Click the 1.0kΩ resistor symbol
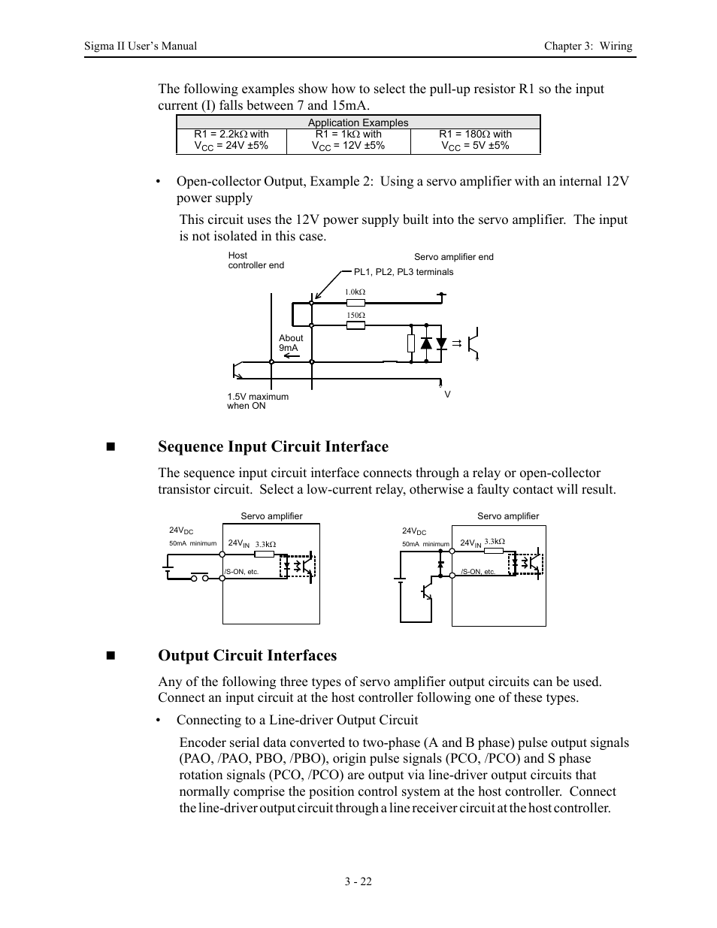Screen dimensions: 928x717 (355, 303)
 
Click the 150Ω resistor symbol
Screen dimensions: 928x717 (355, 325)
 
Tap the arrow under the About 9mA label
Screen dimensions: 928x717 (290, 356)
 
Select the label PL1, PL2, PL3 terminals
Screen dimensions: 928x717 (404, 272)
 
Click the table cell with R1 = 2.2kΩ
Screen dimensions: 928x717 (231, 140)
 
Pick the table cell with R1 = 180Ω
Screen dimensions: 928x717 (475, 140)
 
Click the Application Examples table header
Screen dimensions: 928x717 (358, 122)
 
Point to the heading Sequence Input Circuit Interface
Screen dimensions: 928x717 (273, 446)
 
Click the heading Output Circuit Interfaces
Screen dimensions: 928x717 (247, 655)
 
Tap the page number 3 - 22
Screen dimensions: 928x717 (358, 881)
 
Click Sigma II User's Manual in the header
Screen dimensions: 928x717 (141, 46)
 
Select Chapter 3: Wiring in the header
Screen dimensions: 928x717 (588, 46)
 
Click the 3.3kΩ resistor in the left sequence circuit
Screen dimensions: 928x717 (265, 554)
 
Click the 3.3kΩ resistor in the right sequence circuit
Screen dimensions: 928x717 (495, 550)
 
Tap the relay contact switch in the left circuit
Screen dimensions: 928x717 (199, 576)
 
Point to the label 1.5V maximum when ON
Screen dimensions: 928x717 (258, 401)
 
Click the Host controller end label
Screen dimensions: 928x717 (256, 260)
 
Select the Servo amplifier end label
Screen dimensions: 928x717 (454, 257)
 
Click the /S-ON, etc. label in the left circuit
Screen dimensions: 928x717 (242, 572)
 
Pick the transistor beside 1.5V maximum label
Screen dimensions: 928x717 (239, 370)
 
